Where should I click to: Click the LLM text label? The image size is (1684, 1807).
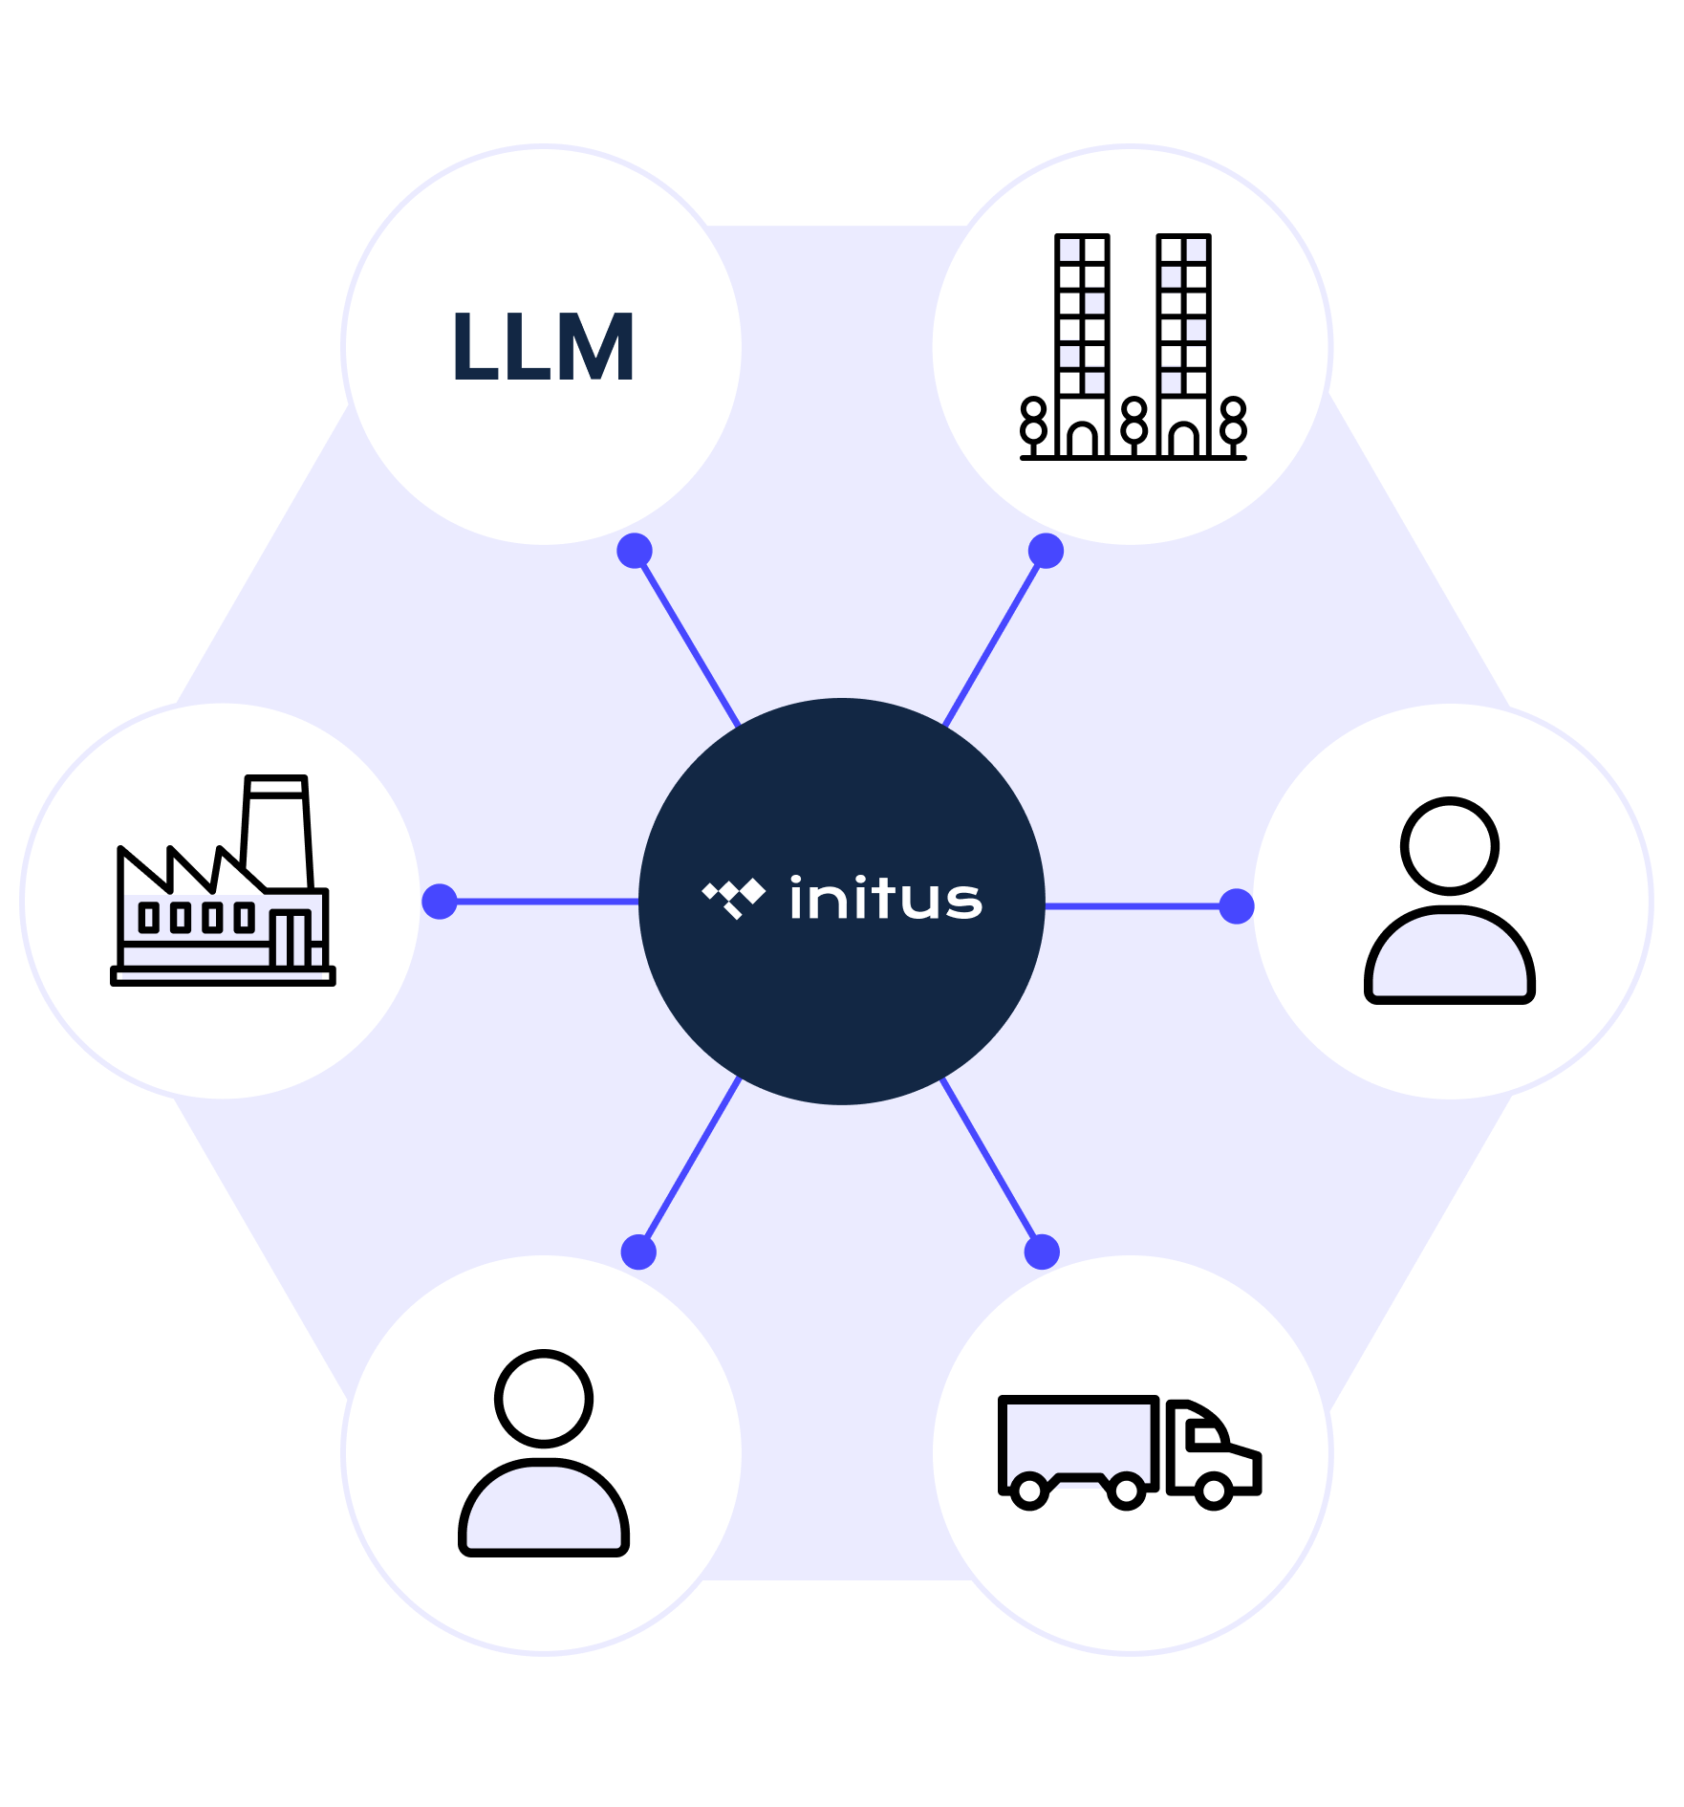click(x=543, y=347)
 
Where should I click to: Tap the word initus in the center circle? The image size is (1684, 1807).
click(x=885, y=899)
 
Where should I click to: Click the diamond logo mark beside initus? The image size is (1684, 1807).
click(x=734, y=898)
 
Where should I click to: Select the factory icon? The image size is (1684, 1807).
click(x=224, y=882)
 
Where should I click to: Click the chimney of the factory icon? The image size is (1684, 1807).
click(x=277, y=830)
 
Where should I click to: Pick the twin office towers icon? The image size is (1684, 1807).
click(x=1133, y=346)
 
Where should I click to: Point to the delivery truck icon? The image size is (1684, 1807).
click(x=1130, y=1451)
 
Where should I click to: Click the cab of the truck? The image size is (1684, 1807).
click(x=1212, y=1448)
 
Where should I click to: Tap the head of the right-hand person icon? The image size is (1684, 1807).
click(x=1449, y=846)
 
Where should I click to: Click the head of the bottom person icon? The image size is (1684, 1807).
click(x=544, y=1399)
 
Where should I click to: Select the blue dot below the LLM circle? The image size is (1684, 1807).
click(x=635, y=551)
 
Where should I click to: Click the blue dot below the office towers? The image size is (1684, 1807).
click(x=1046, y=551)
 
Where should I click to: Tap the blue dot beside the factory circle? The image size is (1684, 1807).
click(x=440, y=901)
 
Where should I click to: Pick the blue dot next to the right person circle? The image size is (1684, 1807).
click(x=1237, y=905)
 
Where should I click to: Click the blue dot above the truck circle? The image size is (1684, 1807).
click(x=1042, y=1252)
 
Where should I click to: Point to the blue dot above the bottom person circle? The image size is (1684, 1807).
click(x=638, y=1252)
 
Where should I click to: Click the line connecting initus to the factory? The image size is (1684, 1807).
click(x=545, y=902)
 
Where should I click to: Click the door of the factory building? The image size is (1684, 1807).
click(x=291, y=939)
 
